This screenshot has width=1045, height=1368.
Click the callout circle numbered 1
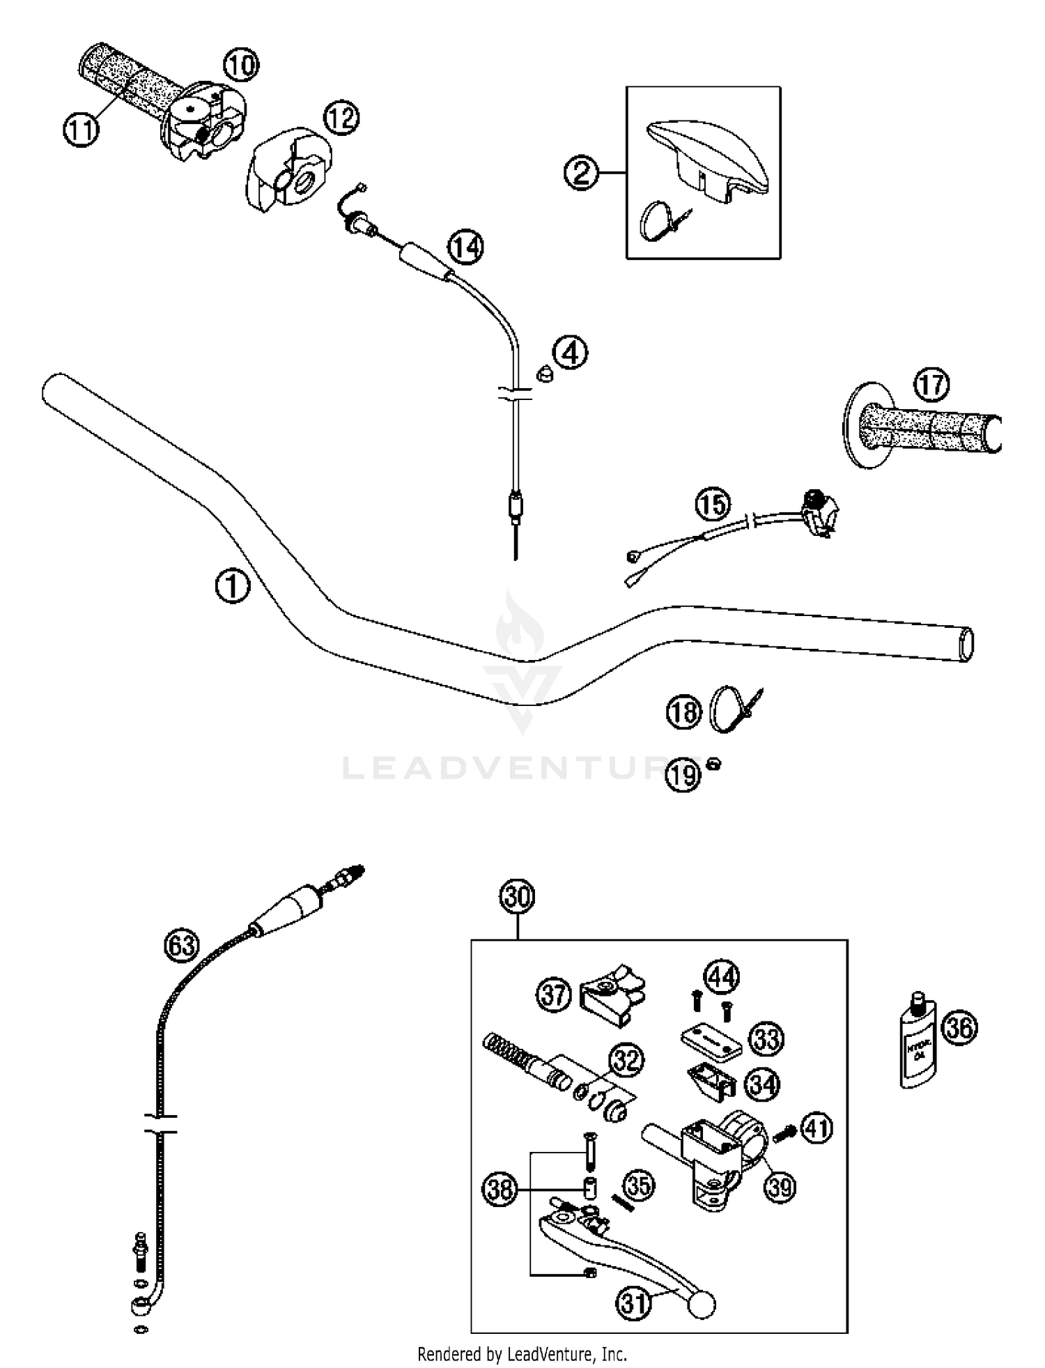click(x=232, y=586)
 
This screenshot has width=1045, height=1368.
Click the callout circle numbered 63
click(x=182, y=946)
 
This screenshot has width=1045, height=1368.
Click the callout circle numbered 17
click(x=931, y=385)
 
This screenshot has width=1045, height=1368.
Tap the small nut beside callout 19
click(x=713, y=764)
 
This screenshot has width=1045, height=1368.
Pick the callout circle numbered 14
click(x=465, y=247)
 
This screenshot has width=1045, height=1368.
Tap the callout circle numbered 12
click(x=341, y=118)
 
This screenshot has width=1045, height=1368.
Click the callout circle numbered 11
click(x=81, y=129)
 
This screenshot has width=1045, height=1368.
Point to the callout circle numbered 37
click(x=554, y=994)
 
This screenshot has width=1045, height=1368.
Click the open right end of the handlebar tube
click(x=966, y=644)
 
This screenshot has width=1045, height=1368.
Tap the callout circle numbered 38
click(x=500, y=1189)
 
